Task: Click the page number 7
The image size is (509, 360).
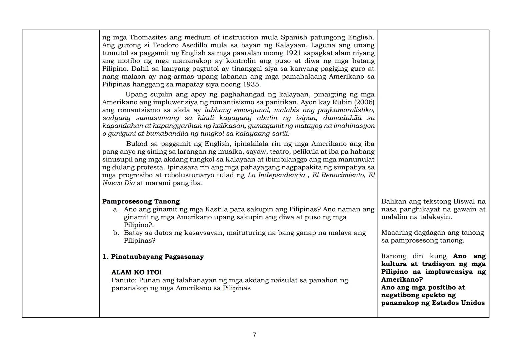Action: tap(254, 335)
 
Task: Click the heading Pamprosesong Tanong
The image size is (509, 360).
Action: tap(141, 201)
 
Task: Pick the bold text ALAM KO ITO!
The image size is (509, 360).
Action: tap(136, 272)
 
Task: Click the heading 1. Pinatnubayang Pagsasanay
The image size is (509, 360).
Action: tap(153, 257)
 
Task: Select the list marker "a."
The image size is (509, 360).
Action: tap(116, 209)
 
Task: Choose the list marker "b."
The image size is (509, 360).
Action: tap(116, 233)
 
